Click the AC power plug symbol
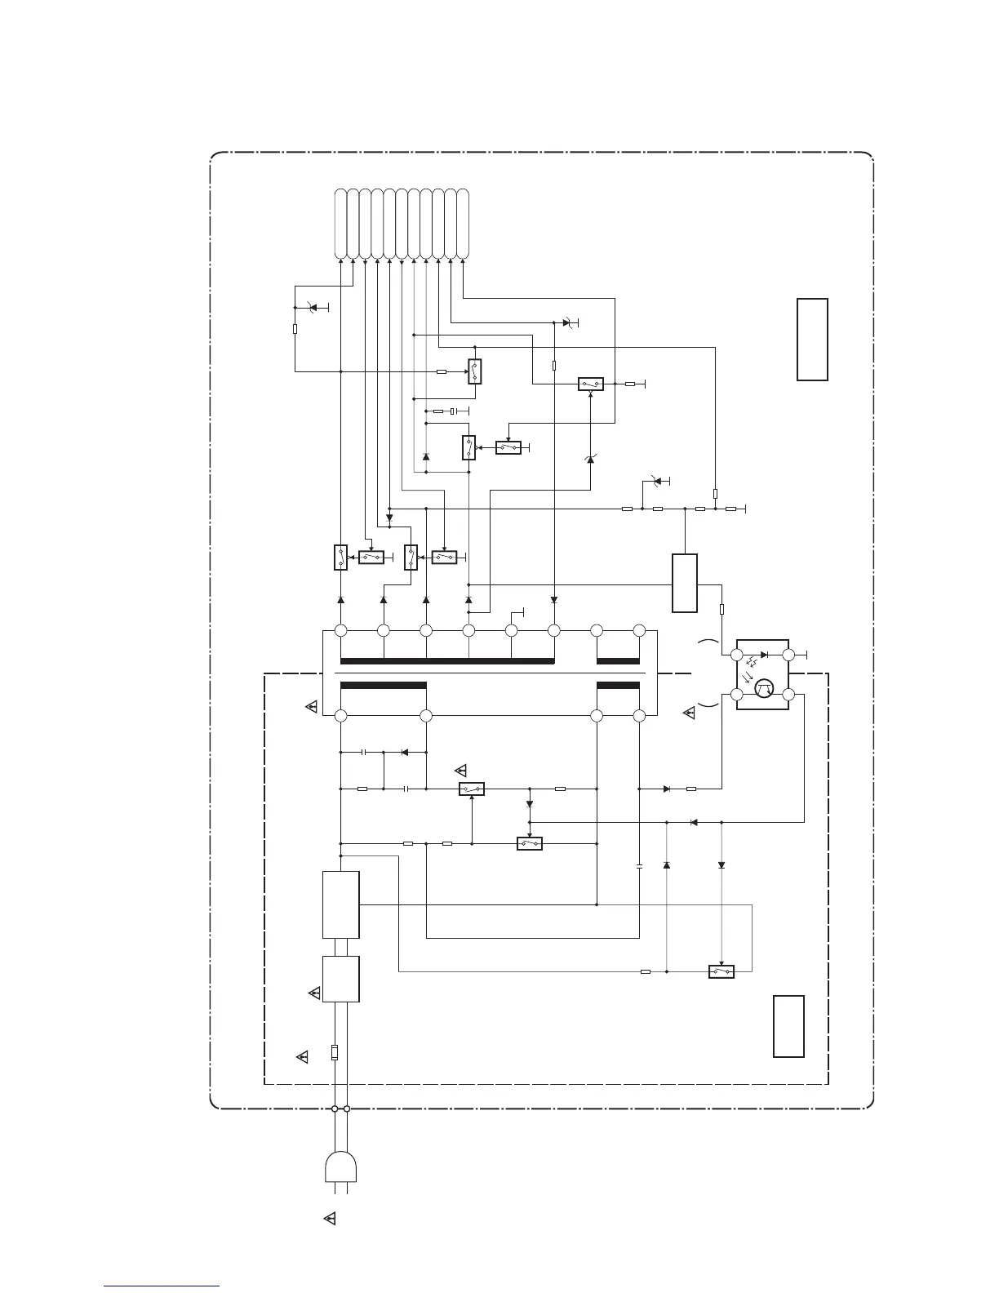[x=341, y=1167]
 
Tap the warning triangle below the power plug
[x=330, y=1219]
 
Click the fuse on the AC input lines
[x=335, y=1052]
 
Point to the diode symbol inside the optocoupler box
[x=763, y=655]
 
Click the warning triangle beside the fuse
[x=302, y=1057]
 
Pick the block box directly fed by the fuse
[x=341, y=979]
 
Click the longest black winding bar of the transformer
[x=447, y=660]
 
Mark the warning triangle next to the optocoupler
[x=689, y=713]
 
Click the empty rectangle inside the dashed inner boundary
[x=788, y=1026]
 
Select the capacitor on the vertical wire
[x=639, y=865]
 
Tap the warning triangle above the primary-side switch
[x=460, y=770]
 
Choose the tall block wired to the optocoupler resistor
[x=684, y=583]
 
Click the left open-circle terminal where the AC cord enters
[x=335, y=1109]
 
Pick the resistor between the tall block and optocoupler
[x=721, y=609]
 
